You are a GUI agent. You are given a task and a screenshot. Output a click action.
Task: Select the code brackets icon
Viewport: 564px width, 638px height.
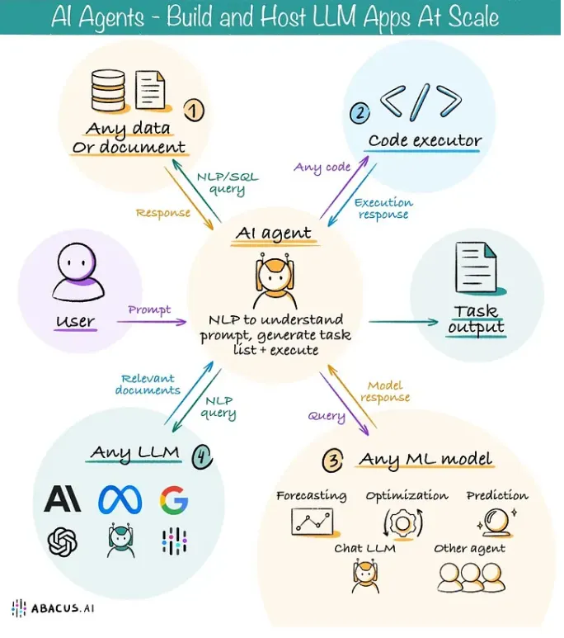pyautogui.click(x=420, y=101)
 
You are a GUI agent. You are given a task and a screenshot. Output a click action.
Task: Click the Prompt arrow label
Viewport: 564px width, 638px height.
pyautogui.click(x=149, y=310)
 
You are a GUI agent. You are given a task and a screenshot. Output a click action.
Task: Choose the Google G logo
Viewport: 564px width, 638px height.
pyautogui.click(x=174, y=499)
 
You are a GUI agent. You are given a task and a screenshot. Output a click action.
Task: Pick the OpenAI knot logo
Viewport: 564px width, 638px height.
pyautogui.click(x=63, y=541)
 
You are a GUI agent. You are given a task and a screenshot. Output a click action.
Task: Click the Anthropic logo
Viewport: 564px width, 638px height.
pyautogui.click(x=63, y=499)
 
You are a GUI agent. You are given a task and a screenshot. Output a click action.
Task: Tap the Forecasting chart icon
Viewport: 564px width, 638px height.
pyautogui.click(x=311, y=522)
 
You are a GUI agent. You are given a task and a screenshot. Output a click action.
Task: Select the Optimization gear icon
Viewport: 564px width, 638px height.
pyautogui.click(x=405, y=523)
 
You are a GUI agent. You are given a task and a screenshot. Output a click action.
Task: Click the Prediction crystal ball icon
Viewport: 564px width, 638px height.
pyautogui.click(x=498, y=522)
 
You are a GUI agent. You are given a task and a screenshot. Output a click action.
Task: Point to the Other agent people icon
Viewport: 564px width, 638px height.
pyautogui.click(x=469, y=576)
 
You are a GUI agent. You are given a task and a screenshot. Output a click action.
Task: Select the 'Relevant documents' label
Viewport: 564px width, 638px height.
pyautogui.click(x=148, y=384)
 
